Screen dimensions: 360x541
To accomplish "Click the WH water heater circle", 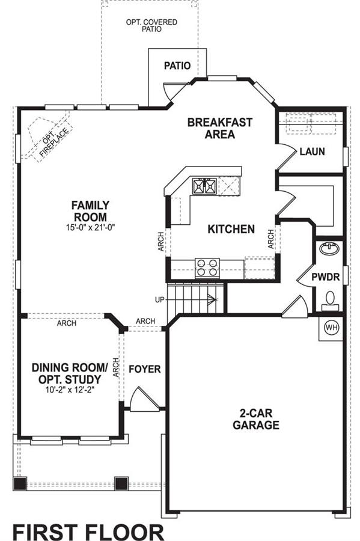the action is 331,328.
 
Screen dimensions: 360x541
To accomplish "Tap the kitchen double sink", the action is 205,187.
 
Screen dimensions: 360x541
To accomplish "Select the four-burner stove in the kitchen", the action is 207,267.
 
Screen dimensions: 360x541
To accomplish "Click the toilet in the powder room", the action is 330,301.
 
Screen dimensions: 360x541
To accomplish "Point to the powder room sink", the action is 330,248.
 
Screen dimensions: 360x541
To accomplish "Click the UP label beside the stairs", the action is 160,300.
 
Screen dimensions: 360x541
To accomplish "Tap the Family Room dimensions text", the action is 91,227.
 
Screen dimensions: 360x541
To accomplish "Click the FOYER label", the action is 144,369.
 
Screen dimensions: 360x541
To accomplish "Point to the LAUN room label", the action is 312,151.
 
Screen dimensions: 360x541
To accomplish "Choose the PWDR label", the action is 326,277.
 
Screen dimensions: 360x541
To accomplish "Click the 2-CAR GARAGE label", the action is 256,419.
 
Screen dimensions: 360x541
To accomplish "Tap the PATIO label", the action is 177,66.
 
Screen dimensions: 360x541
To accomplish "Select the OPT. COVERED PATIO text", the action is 151,25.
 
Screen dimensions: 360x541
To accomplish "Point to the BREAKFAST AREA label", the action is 219,128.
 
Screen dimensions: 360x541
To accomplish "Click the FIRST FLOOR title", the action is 88,532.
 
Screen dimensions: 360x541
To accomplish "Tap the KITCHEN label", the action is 231,229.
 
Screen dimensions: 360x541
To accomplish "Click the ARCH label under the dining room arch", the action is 67,323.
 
